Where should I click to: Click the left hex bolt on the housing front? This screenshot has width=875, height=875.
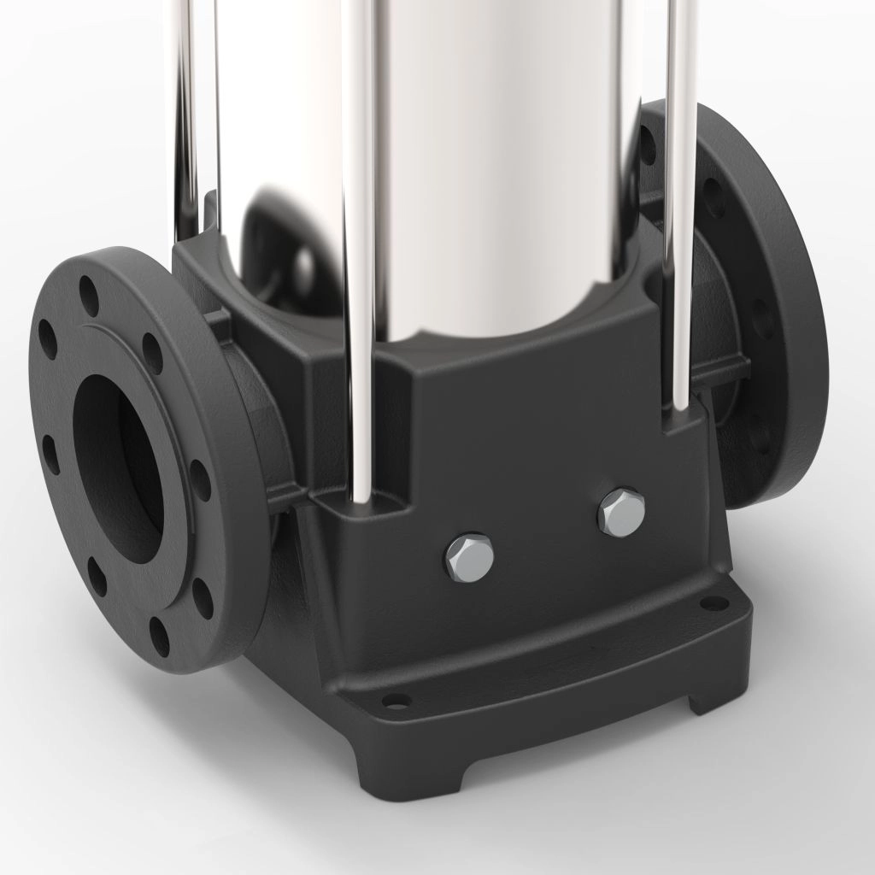tap(469, 557)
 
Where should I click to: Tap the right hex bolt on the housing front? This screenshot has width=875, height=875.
tap(621, 513)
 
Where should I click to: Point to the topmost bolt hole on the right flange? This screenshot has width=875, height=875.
tap(648, 145)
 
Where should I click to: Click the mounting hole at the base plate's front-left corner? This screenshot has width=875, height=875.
tap(396, 701)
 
